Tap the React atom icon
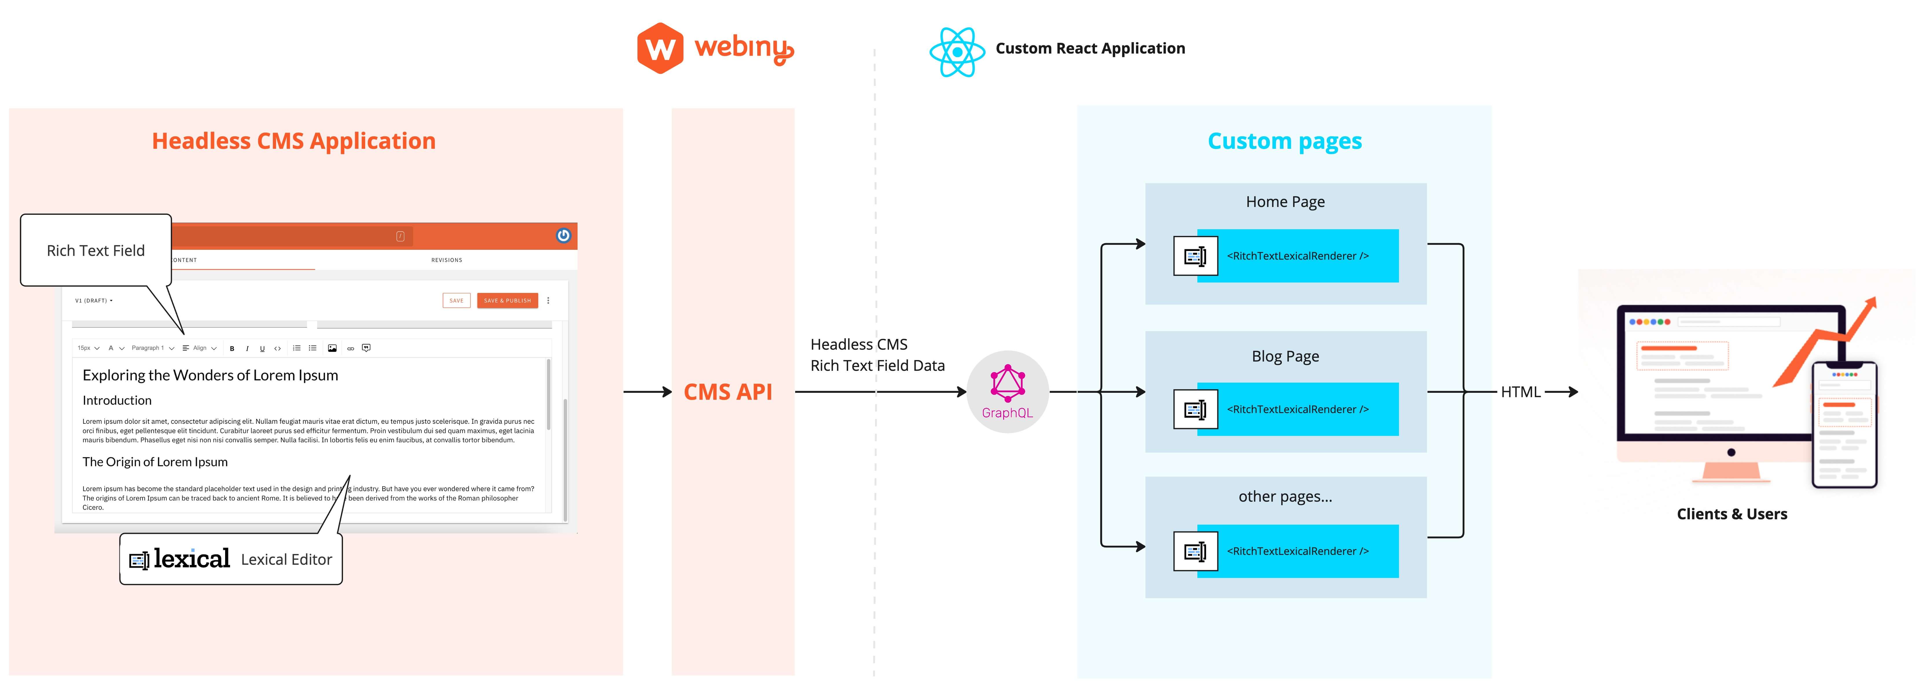tap(957, 52)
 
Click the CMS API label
tap(727, 392)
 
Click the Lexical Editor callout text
tap(286, 560)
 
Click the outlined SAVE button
tap(456, 300)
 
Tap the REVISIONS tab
tap(447, 260)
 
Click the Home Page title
tap(1285, 201)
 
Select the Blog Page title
tap(1285, 357)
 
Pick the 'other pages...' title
tap(1285, 496)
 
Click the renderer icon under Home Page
tap(1195, 256)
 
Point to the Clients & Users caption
tap(1731, 514)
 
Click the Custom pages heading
tap(1284, 141)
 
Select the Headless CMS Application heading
tap(293, 141)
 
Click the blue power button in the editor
tap(564, 235)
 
